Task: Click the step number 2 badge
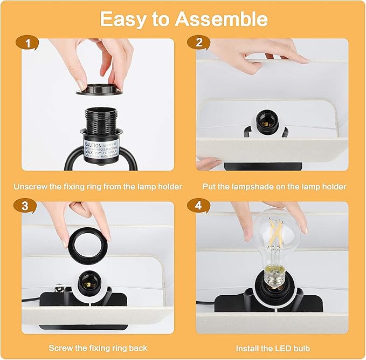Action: coord(200,43)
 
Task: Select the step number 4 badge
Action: coord(200,206)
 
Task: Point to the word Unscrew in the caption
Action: coord(29,187)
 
